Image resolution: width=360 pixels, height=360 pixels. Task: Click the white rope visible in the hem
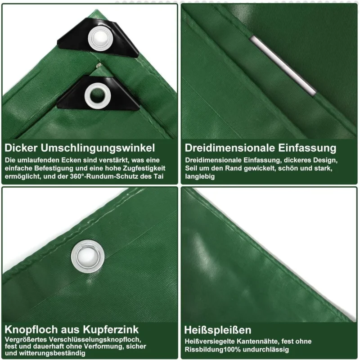(283, 65)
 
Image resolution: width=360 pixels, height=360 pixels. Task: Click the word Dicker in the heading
(21, 148)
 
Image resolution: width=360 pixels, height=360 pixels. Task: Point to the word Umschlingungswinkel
(98, 148)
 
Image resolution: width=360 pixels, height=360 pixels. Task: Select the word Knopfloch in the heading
(31, 330)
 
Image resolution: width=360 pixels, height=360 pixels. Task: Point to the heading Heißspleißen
(218, 330)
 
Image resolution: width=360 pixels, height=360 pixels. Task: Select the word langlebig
(200, 177)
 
